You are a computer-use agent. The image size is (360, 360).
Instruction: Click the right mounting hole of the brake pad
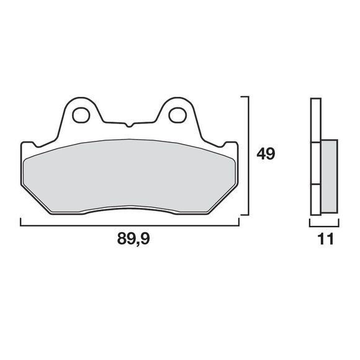[178, 114]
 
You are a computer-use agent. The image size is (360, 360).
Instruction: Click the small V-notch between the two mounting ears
[129, 125]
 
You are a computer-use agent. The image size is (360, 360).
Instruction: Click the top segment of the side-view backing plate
[315, 121]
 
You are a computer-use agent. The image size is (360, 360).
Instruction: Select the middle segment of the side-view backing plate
[315, 164]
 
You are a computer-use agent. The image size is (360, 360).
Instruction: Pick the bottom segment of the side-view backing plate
[315, 199]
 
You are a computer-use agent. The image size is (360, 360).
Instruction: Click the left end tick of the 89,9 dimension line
[20, 222]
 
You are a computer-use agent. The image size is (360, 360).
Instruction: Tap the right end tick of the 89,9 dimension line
[238, 222]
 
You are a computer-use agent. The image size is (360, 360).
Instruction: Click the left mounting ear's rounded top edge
[80, 99]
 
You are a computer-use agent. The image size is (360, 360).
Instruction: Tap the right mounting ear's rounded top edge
[178, 99]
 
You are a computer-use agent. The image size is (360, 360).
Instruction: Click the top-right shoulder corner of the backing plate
[236, 143]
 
